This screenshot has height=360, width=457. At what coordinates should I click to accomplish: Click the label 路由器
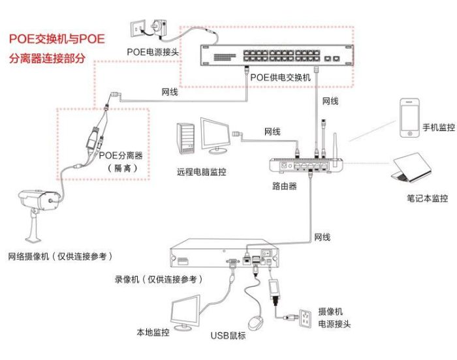tap(284, 186)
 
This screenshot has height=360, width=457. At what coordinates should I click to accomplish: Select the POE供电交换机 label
tap(281, 77)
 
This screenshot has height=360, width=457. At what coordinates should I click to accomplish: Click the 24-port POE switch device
tap(275, 54)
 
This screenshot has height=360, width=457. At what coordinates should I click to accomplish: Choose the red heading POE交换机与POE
tap(56, 39)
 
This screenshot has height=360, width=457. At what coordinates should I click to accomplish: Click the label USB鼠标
tap(228, 337)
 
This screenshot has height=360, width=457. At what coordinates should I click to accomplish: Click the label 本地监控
tap(153, 333)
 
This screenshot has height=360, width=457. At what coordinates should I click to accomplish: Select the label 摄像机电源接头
tap(335, 318)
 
